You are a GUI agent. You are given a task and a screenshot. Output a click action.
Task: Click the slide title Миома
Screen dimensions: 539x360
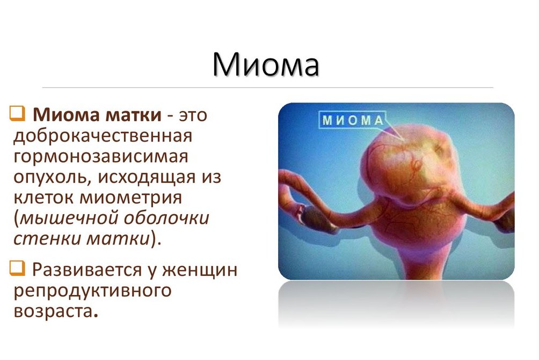[x=266, y=64]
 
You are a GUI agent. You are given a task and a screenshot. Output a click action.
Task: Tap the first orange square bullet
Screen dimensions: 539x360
[x=17, y=113]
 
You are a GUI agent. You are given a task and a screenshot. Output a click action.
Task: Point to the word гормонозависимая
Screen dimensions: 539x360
[x=101, y=157]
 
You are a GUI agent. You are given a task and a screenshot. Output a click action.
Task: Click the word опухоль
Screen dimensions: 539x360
[x=53, y=177]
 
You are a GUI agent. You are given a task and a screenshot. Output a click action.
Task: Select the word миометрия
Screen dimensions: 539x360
[x=130, y=198]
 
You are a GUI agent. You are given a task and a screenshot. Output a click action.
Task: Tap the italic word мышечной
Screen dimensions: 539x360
[x=68, y=218]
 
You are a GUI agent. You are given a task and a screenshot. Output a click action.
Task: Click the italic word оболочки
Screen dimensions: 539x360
[x=166, y=218]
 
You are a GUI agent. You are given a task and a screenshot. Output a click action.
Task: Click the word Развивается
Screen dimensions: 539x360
[x=87, y=270]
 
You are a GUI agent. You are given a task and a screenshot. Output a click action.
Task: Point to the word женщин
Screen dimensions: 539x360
[x=200, y=270]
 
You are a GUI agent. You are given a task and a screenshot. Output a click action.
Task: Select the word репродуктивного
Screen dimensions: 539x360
[x=92, y=291]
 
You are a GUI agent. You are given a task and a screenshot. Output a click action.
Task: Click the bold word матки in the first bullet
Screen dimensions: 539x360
[x=133, y=115]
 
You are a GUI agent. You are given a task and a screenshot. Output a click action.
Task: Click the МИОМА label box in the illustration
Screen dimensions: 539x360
[x=352, y=120]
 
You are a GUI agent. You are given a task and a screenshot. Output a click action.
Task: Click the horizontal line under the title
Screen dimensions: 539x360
[x=267, y=87]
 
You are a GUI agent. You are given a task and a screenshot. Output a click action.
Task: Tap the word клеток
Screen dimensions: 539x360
[x=43, y=198]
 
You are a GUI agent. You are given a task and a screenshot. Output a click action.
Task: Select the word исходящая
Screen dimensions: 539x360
[x=147, y=177]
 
